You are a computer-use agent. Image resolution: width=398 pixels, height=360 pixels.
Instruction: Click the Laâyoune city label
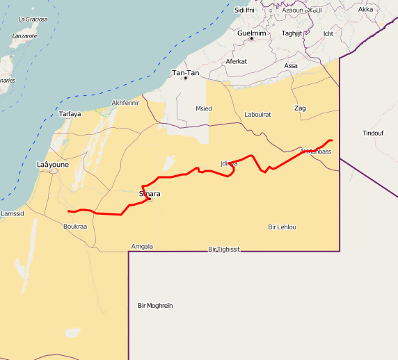coord(52,165)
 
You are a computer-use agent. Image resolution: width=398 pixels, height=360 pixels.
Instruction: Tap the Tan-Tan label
coord(186,72)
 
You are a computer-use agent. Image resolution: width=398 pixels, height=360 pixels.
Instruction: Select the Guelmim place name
coord(251,33)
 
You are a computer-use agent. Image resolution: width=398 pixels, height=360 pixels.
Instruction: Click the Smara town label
coord(150,194)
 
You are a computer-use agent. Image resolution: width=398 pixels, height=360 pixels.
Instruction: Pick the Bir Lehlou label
coord(282,227)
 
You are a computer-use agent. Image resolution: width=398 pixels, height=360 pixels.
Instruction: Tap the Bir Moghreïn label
coord(155,306)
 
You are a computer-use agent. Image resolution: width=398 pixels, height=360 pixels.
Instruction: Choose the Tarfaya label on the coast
coord(70,114)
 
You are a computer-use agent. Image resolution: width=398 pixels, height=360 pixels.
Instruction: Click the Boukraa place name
coord(74,227)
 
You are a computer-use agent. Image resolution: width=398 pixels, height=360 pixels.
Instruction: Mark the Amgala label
coord(142,246)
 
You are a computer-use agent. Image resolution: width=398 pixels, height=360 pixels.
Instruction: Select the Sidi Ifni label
coord(244,10)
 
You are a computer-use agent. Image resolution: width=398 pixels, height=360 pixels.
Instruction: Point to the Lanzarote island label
coord(24,35)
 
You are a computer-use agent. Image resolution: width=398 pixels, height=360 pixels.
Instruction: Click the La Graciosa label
coord(33,19)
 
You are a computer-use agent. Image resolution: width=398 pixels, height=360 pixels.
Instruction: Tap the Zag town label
coord(300,108)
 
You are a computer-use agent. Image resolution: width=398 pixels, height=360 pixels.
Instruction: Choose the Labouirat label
coord(257,114)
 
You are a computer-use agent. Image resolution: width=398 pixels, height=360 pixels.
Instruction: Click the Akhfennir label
coord(125,103)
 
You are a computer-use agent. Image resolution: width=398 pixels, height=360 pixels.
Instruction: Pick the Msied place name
coord(203,108)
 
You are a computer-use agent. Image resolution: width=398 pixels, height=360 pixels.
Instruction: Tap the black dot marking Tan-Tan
coord(185,78)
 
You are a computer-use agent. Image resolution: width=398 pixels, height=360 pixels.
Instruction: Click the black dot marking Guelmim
coord(251,38)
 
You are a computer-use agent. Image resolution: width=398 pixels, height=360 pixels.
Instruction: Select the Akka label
coord(365,9)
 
